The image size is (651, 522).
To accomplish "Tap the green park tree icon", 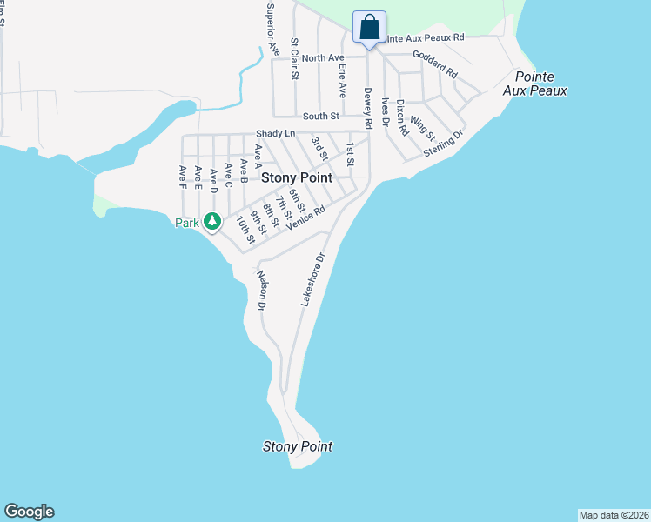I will click(x=211, y=222).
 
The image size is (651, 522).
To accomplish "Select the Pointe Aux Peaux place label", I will click(x=540, y=84).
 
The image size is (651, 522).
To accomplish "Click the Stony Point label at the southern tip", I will click(x=298, y=446).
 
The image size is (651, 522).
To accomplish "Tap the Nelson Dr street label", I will click(x=259, y=291).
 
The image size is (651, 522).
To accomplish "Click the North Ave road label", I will click(x=324, y=57).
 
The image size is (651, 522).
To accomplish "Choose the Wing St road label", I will click(x=423, y=129).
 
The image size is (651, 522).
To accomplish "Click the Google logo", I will click(x=30, y=512).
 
